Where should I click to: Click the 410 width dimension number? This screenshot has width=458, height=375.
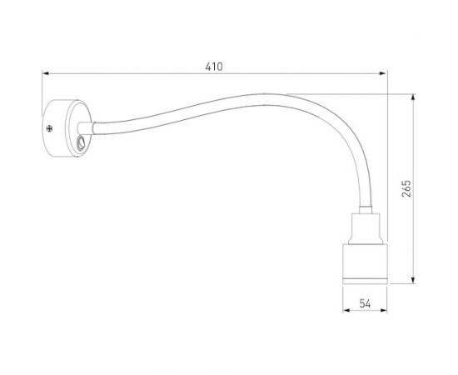coord(214,66)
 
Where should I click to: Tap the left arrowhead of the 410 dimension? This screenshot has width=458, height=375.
coord(47,74)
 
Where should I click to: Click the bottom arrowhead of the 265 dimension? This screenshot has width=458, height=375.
coord(414,282)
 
